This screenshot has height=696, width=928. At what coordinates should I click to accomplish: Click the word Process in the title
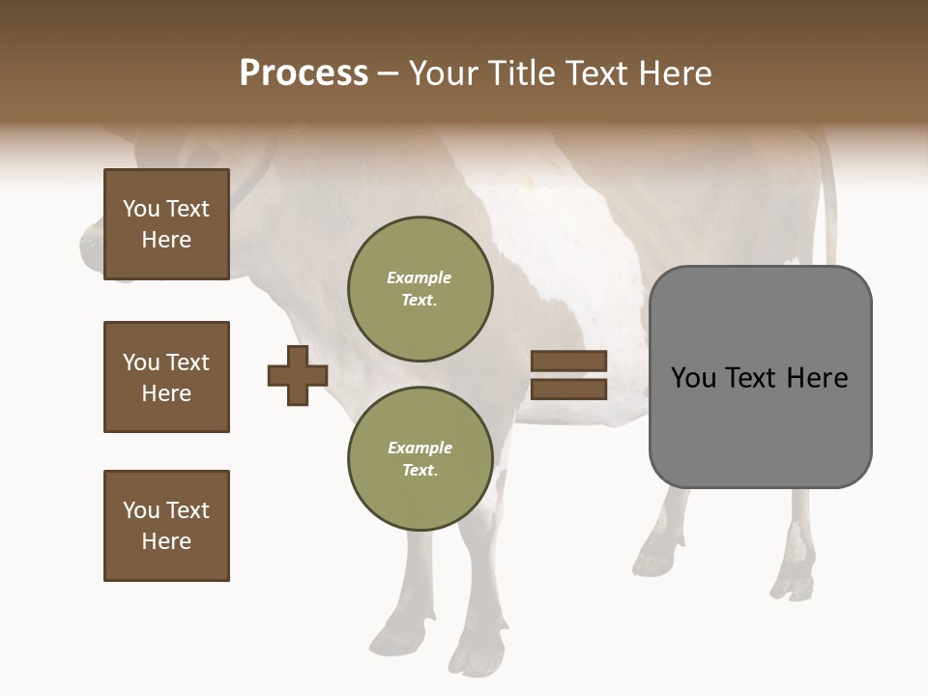coord(304,73)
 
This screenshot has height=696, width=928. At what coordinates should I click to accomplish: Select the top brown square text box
coord(166,224)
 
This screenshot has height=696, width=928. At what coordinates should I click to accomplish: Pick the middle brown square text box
coord(166,377)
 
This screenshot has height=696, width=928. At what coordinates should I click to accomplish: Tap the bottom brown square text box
coord(166,526)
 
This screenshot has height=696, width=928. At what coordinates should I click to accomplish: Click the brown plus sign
coord(298,375)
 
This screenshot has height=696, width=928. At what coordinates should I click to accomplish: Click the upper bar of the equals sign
coord(568,361)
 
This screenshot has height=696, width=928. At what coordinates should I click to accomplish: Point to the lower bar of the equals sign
coord(568,390)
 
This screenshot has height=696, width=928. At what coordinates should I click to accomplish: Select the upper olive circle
coord(420,288)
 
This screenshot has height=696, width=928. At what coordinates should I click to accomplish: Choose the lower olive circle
coord(420,458)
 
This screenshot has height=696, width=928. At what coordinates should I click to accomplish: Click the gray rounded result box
coord(760,377)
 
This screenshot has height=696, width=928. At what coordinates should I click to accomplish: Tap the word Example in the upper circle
coord(419,277)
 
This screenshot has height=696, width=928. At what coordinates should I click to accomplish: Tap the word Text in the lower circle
coord(419,470)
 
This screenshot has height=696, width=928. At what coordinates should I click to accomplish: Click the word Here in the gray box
coord(817,378)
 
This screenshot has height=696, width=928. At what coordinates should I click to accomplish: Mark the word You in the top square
coord(141,209)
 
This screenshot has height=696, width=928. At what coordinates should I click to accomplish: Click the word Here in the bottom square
coord(166,541)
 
